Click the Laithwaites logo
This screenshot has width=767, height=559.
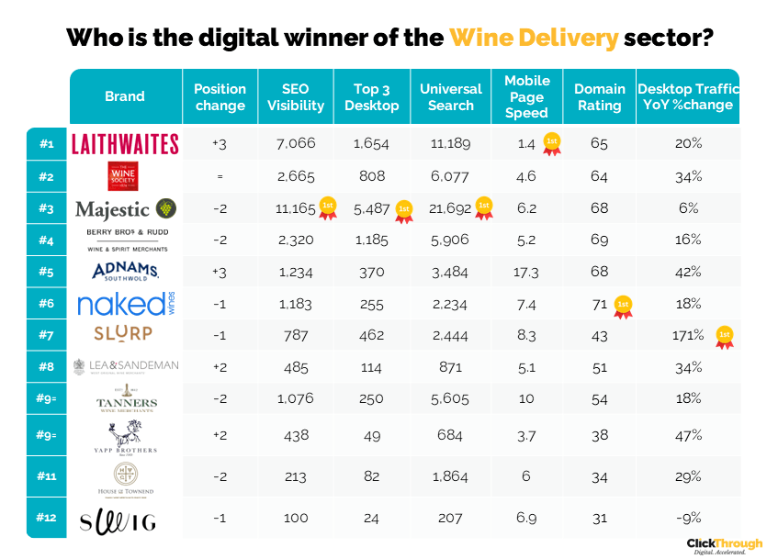[x=125, y=143]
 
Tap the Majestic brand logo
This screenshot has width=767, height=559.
[x=125, y=208]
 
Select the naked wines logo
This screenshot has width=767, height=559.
[x=125, y=304]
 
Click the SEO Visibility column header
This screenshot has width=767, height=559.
[x=296, y=96]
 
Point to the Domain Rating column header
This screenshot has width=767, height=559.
[x=600, y=96]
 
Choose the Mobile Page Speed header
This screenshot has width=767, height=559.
[x=527, y=96]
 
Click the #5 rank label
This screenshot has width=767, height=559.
[x=47, y=272]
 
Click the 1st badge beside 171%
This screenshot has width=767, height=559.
[x=725, y=338]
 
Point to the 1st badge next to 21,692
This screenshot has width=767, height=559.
[x=483, y=208]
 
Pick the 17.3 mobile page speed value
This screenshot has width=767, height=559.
[x=527, y=273]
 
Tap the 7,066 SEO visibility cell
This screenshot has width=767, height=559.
[x=296, y=143]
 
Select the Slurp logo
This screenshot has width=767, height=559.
[x=125, y=333]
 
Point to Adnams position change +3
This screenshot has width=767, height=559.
[x=220, y=273]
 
